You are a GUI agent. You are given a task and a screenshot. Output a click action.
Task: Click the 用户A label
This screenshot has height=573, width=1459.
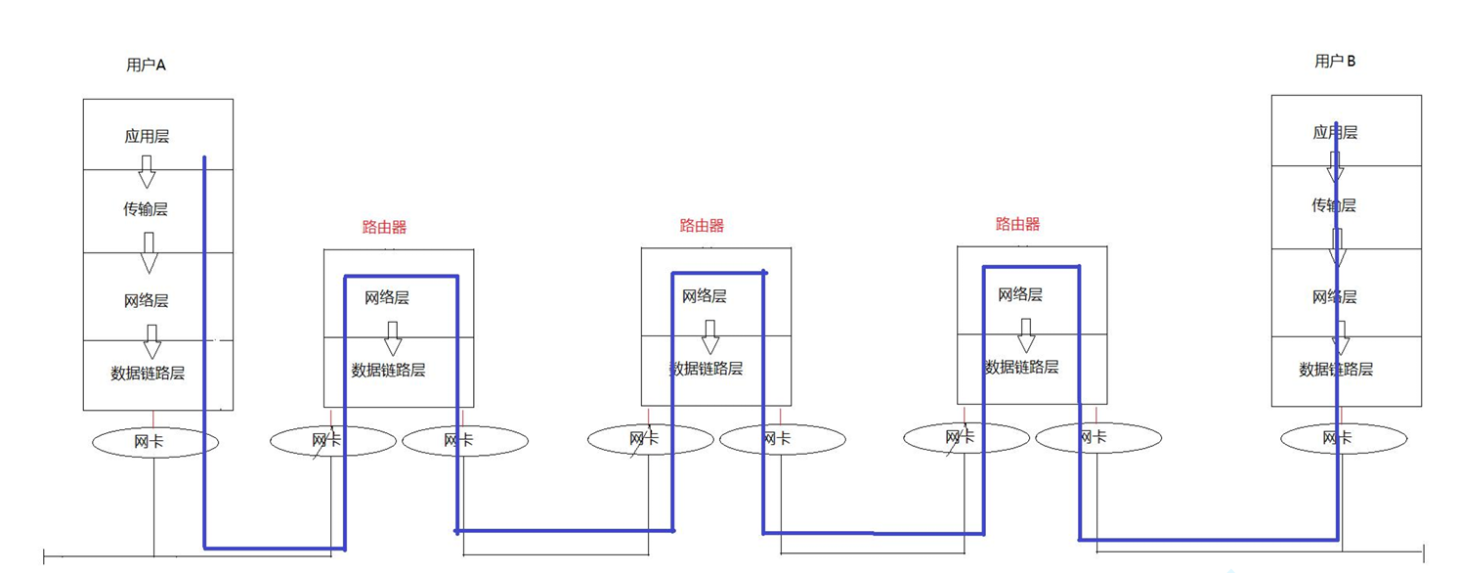point(147,66)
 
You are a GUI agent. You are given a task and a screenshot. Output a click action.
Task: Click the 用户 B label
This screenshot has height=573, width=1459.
point(1335,62)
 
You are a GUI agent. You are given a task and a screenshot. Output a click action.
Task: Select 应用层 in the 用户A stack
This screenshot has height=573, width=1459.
point(147,137)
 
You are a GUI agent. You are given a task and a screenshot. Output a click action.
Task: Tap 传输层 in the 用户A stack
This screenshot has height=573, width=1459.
point(146,209)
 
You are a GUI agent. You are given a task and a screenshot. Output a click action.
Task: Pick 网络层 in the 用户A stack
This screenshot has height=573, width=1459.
point(147,301)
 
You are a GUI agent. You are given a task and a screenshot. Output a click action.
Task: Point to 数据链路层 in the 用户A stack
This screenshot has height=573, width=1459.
point(148,374)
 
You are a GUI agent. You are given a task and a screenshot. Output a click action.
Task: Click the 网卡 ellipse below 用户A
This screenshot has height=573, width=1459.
point(155,442)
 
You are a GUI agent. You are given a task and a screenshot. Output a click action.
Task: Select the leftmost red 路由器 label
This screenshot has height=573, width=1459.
point(384,228)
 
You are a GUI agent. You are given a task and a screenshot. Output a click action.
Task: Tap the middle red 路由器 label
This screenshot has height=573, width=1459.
point(702,226)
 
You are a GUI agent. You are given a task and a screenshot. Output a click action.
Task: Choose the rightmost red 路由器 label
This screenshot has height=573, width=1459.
point(1017,225)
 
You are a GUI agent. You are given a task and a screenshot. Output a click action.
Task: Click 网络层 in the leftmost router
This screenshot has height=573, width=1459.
point(387,297)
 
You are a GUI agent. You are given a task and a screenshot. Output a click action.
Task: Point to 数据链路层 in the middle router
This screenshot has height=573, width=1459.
point(706,369)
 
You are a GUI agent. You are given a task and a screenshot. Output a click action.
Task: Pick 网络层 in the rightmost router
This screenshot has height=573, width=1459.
point(1020,294)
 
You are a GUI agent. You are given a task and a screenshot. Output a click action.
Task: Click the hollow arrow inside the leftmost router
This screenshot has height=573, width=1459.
point(393,338)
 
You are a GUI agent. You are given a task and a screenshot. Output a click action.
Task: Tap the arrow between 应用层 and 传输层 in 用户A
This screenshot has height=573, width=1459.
point(147,172)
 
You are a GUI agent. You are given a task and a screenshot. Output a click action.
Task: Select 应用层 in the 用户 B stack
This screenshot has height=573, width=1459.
point(1335,132)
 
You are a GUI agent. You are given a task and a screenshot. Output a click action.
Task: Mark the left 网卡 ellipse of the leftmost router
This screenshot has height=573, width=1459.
point(332,440)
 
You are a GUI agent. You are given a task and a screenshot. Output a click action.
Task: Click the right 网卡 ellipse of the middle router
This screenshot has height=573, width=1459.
point(783,439)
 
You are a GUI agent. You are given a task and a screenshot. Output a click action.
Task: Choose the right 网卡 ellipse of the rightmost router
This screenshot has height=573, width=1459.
point(1098,438)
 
